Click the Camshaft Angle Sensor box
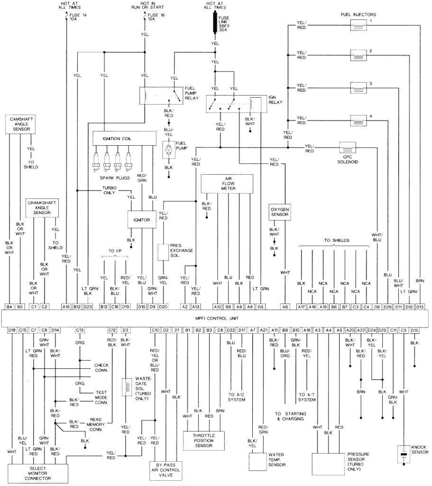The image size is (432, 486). [19, 123]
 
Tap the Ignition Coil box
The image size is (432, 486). [124, 138]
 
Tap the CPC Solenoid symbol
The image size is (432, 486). [349, 147]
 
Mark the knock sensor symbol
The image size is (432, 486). [404, 454]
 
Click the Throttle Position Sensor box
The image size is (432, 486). [204, 439]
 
